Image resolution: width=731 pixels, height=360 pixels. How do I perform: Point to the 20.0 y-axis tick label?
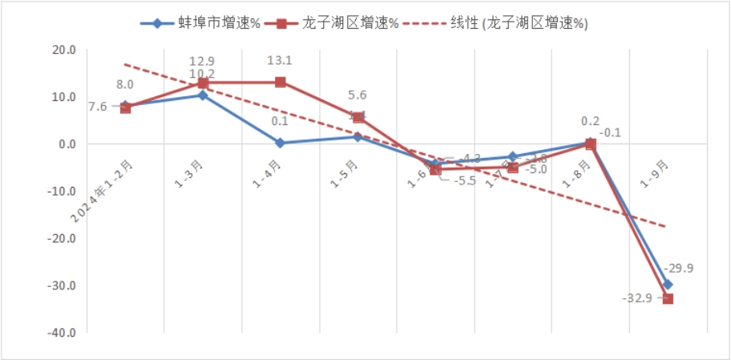click(x=63, y=50)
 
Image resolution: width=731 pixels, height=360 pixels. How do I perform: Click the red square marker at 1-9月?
click(x=668, y=299)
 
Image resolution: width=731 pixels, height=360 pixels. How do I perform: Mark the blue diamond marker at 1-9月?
click(x=668, y=285)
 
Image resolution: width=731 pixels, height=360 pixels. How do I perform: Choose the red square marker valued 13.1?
click(x=281, y=82)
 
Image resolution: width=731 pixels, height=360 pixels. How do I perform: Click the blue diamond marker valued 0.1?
click(x=281, y=143)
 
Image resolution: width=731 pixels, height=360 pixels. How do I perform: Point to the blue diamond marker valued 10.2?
click(x=203, y=95)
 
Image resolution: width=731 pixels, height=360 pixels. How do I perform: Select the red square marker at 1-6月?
click(x=435, y=170)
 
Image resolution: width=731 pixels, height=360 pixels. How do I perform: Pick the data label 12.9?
click(x=203, y=62)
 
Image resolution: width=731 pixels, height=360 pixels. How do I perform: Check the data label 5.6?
click(x=358, y=93)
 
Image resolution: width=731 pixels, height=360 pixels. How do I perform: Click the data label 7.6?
click(x=97, y=106)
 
